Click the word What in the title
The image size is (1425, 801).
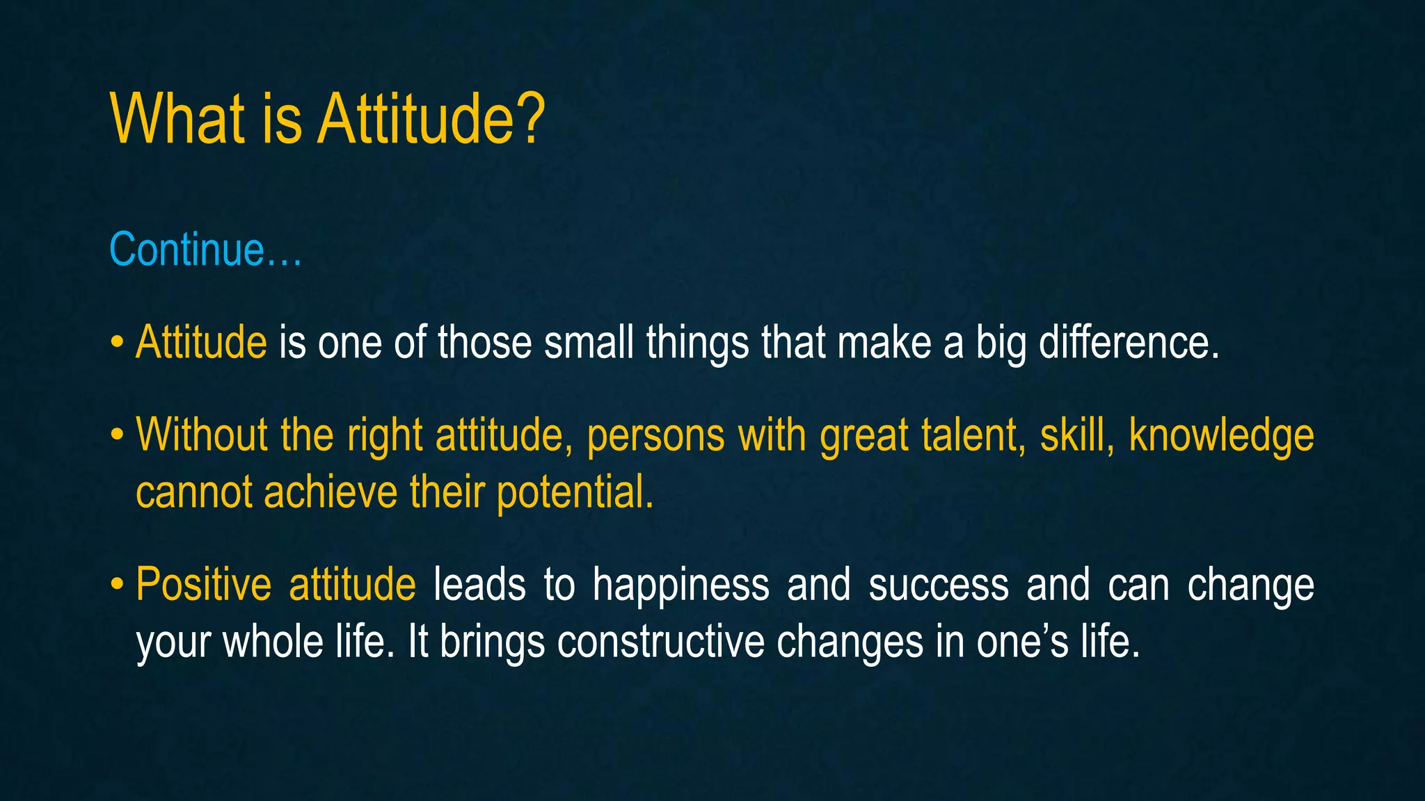(177, 120)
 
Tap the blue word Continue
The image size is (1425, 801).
(186, 250)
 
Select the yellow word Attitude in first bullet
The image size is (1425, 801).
(201, 343)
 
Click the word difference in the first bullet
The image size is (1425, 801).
(1128, 343)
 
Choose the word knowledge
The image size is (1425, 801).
(1221, 437)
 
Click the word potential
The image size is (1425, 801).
(575, 493)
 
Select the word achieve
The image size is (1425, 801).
(331, 493)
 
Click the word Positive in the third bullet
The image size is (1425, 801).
(203, 585)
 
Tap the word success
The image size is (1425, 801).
(939, 585)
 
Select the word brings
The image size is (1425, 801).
(492, 643)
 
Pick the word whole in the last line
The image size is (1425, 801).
(272, 642)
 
